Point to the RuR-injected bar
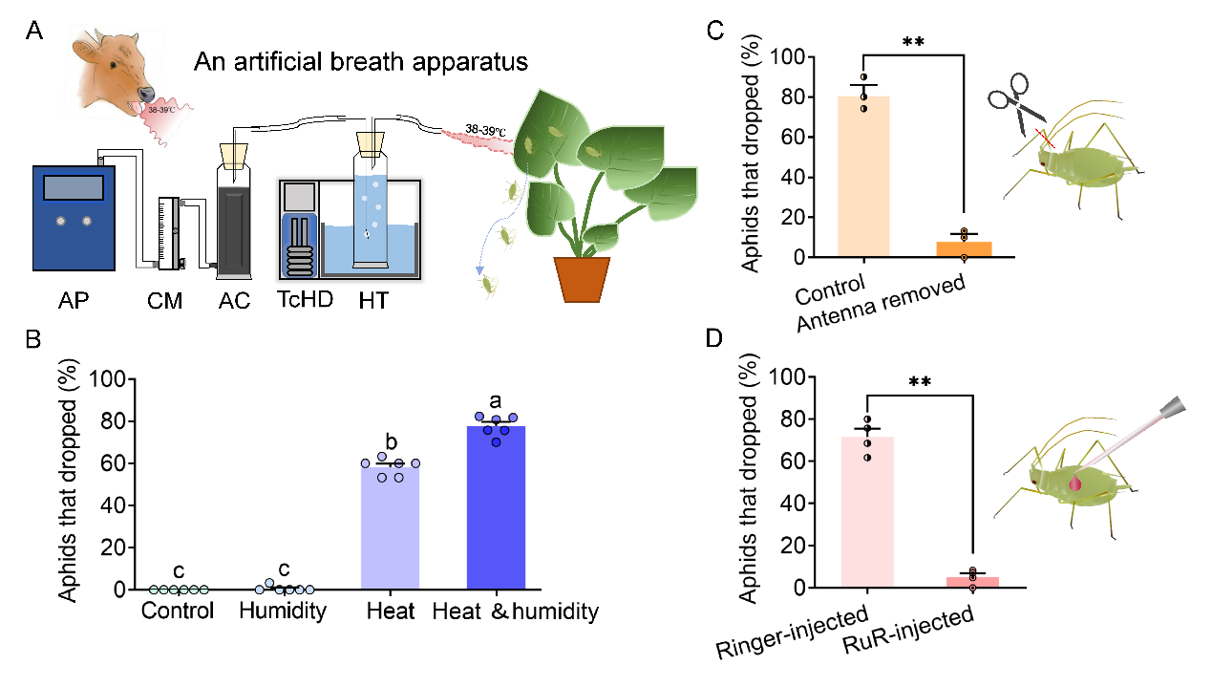(972, 582)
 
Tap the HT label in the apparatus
(373, 303)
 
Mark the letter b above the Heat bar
(391, 440)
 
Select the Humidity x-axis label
(284, 611)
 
